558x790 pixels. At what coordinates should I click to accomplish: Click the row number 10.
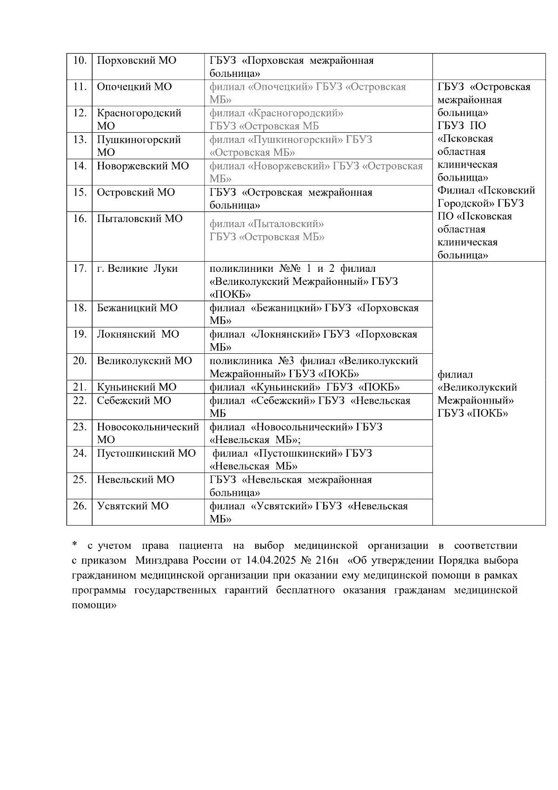tap(80, 61)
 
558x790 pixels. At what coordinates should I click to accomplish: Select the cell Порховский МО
tap(136, 61)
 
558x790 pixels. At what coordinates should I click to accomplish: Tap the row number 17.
tap(80, 269)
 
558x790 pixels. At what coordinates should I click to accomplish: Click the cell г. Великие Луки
tap(137, 269)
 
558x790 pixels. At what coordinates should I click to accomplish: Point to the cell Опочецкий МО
tap(134, 87)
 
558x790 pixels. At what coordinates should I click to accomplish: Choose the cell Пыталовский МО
tap(139, 219)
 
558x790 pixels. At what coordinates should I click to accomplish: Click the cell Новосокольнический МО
tap(148, 433)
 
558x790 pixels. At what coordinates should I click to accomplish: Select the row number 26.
tap(80, 506)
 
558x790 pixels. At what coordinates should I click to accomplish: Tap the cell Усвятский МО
tap(133, 506)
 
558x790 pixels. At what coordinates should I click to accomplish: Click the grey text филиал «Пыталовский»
tap(266, 224)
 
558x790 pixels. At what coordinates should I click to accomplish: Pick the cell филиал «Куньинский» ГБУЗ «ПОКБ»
tap(305, 387)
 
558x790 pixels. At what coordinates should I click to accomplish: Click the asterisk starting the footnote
tap(74, 545)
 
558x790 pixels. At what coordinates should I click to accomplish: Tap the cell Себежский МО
tap(134, 400)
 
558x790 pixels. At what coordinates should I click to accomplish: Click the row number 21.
tap(80, 387)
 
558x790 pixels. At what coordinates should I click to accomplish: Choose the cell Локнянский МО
tap(138, 334)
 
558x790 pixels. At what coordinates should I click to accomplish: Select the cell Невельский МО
tap(135, 479)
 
